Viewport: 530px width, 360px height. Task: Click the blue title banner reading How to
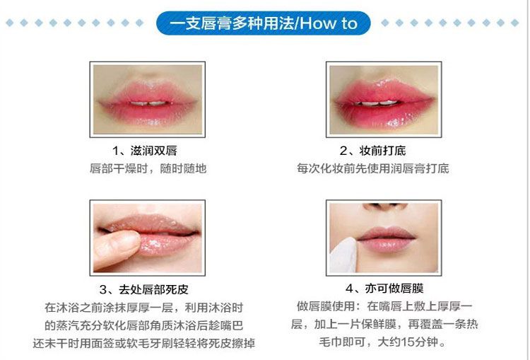coord(264,23)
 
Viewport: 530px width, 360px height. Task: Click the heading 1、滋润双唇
coord(145,151)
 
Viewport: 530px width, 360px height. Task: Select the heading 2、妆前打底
coord(372,151)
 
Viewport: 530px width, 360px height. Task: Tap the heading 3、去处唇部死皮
coord(144,289)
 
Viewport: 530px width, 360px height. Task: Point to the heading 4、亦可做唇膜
coord(384,289)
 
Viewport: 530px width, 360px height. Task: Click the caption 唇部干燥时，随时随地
coord(148,168)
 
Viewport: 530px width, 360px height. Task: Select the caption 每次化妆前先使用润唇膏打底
coord(373,168)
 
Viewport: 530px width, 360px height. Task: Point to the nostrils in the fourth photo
coord(384,205)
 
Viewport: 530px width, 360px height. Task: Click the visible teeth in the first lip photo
coord(148,103)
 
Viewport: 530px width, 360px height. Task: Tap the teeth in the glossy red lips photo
coord(378,103)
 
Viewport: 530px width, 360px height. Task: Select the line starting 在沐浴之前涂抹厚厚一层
coord(144,308)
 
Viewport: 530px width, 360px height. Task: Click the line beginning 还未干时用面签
coord(144,343)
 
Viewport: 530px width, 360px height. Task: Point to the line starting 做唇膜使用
coord(384,306)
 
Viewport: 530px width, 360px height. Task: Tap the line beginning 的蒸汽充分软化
coord(144,325)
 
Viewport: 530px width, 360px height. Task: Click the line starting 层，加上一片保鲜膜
coord(384,324)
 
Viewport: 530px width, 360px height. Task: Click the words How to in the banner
coord(328,23)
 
